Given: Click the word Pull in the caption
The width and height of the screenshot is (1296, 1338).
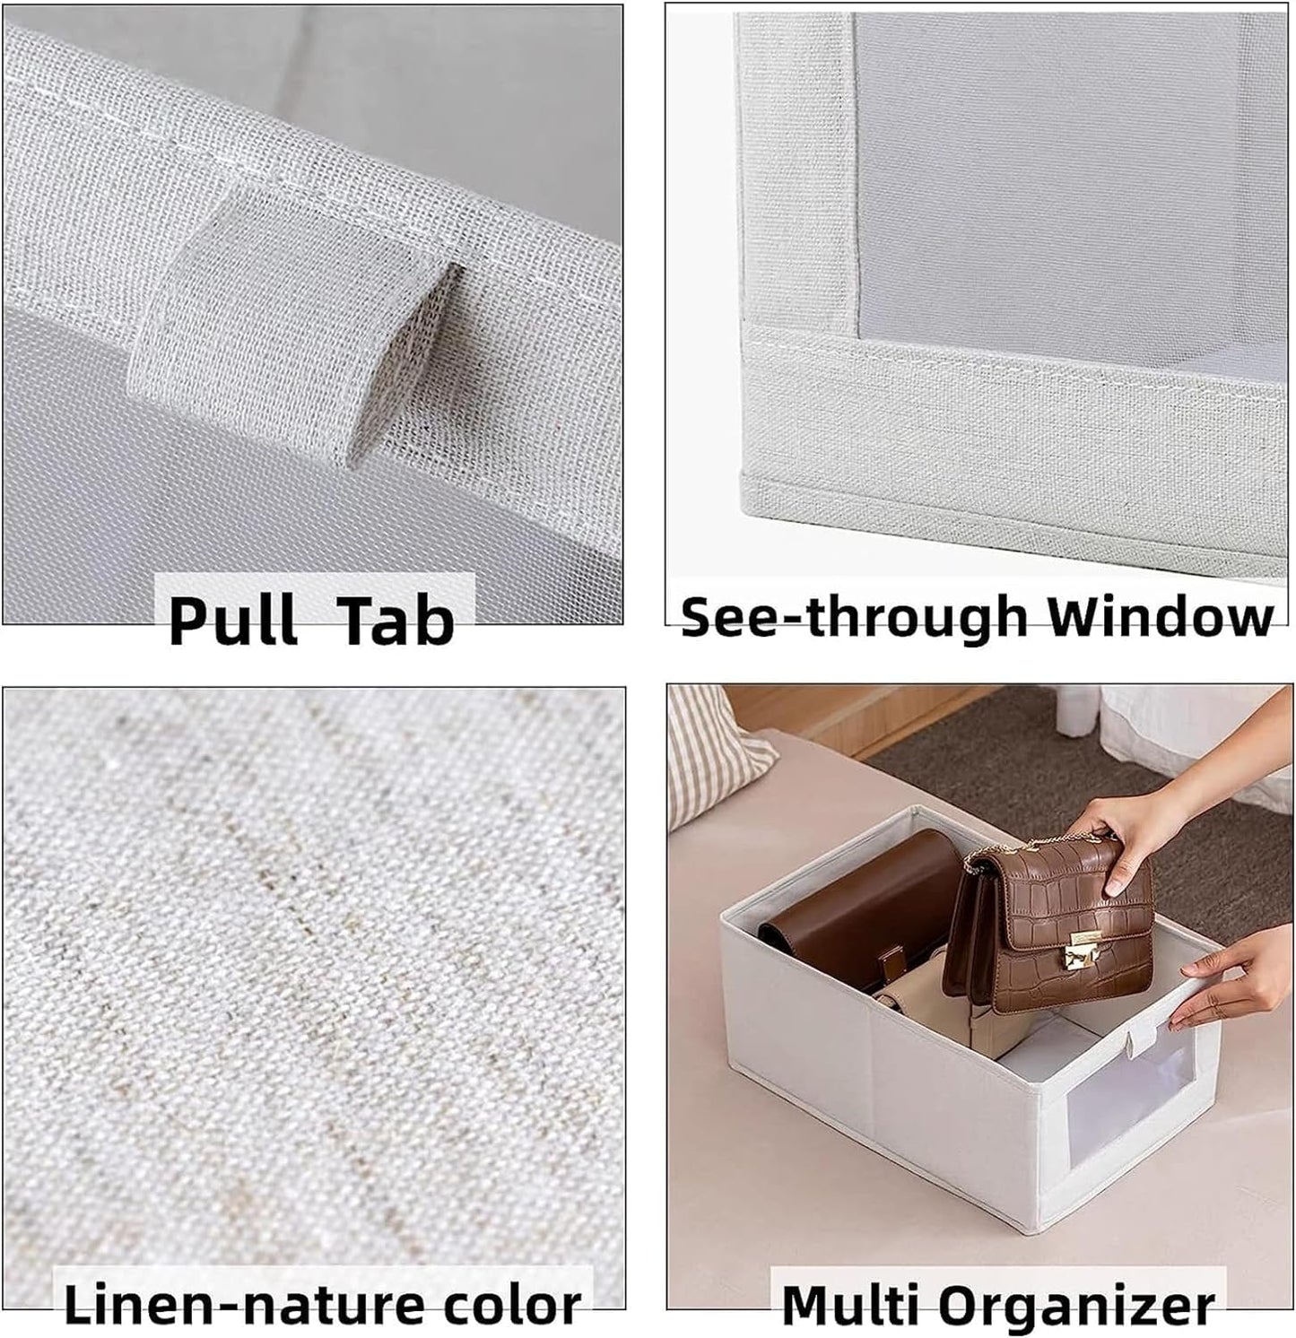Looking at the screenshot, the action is click(x=232, y=621).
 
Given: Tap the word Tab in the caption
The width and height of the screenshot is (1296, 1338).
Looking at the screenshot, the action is click(x=395, y=621).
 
